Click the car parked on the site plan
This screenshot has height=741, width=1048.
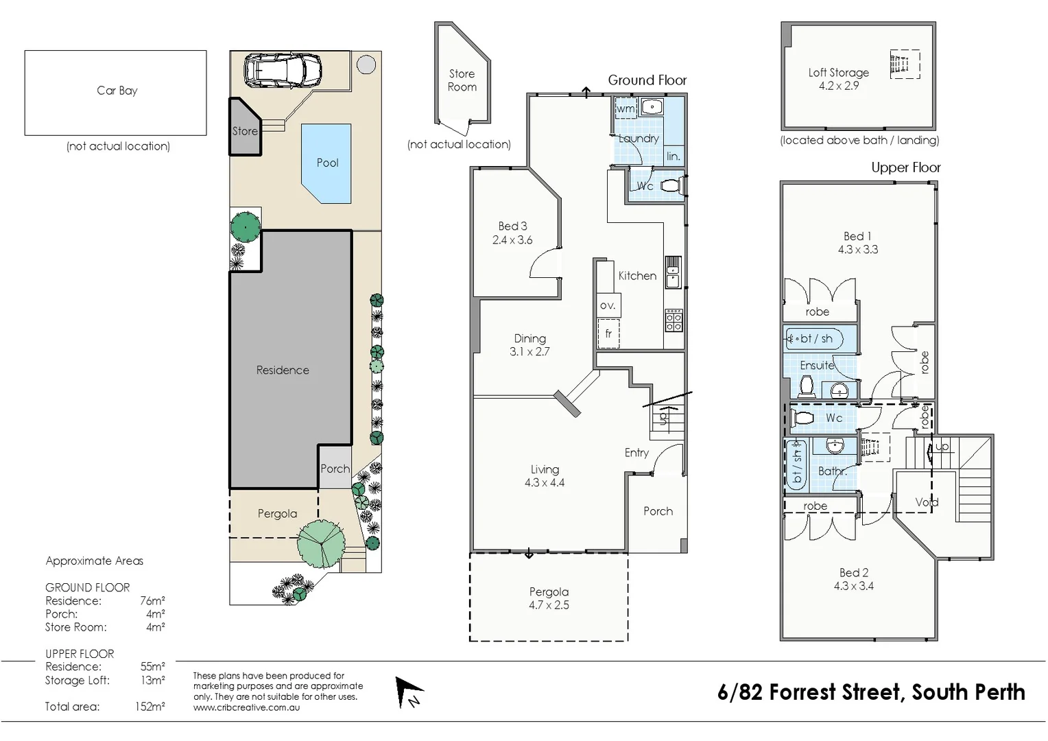(283, 69)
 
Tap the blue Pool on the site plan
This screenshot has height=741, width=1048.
(327, 163)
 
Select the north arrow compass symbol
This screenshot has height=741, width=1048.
(409, 693)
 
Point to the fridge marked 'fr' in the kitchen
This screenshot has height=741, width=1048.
(608, 333)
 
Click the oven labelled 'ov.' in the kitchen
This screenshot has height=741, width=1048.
(608, 305)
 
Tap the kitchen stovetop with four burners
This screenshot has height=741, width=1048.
(674, 320)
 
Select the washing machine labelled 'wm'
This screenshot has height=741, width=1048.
(626, 108)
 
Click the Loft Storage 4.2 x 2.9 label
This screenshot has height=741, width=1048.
(838, 79)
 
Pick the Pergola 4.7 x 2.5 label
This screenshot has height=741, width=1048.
(549, 598)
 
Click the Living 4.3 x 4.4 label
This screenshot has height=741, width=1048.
(545, 475)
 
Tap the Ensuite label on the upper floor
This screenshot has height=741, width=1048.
(817, 365)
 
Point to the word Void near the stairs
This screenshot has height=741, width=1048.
(927, 502)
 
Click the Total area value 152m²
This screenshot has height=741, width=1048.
(150, 707)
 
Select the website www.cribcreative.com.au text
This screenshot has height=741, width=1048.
(246, 707)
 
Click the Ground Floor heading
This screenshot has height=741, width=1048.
(647, 80)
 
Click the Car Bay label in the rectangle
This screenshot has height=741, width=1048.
(117, 91)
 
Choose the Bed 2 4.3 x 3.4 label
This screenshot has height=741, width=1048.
(854, 579)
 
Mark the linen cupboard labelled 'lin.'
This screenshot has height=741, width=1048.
(674, 156)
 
